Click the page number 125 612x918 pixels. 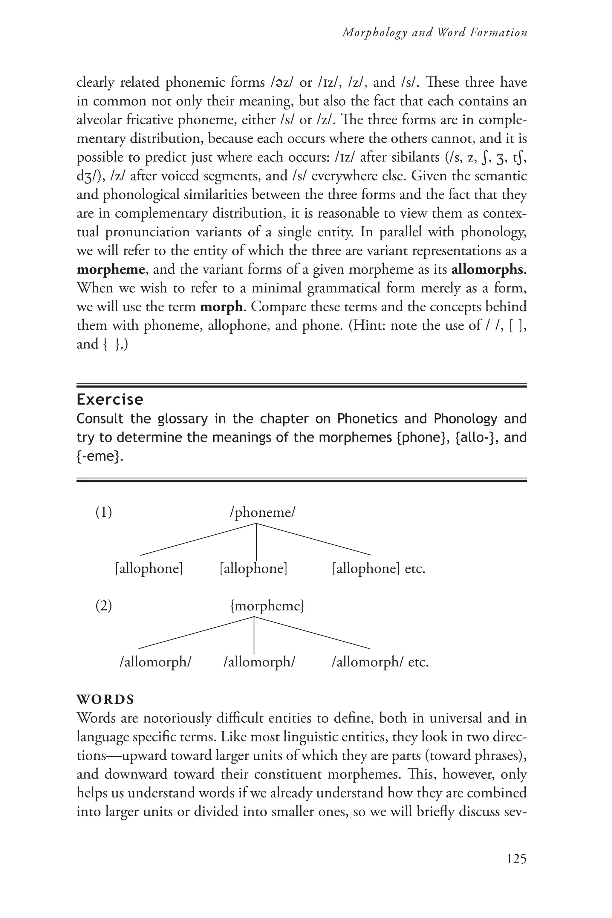point(516,859)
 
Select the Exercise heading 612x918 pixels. point(110,399)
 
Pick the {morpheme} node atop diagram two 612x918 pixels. point(267,606)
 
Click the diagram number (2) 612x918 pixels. point(104,606)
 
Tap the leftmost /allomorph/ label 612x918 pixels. point(155,662)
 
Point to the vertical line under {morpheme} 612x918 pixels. point(254,635)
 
